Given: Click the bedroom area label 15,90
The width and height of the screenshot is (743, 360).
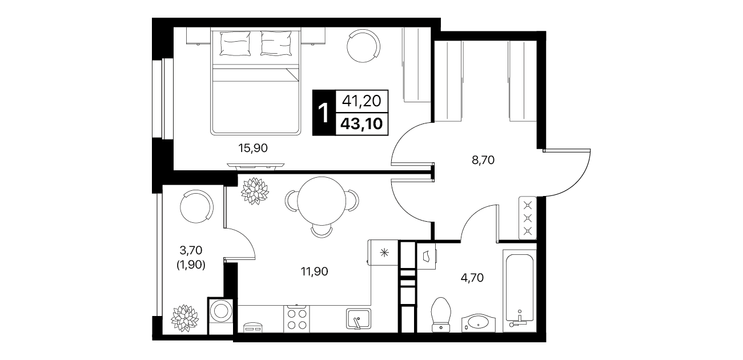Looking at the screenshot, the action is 253,148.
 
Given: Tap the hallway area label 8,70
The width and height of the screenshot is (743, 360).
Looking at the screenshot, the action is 483,160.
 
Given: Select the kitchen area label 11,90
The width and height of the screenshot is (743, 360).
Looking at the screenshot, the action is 314,271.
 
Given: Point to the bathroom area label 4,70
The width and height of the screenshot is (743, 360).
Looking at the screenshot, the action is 472,277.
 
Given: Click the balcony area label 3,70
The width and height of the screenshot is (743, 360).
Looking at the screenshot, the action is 191,250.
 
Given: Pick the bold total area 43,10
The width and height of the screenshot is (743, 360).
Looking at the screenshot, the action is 362,124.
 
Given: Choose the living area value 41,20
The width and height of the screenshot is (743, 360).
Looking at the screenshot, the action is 362,101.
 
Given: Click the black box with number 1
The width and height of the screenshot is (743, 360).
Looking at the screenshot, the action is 324,113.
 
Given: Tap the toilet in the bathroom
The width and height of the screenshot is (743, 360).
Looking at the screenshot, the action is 441,314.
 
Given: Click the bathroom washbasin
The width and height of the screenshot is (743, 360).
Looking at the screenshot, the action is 479,322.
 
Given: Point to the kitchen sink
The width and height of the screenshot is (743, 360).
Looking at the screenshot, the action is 359,318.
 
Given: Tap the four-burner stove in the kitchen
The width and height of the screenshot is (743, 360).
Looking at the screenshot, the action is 296,319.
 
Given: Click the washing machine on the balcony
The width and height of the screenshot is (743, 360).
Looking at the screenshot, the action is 220,315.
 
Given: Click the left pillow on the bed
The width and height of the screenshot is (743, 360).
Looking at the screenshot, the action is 235,43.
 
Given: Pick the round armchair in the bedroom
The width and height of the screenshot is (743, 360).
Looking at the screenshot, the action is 364,46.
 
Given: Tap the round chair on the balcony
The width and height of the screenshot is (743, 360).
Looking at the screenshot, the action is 196,206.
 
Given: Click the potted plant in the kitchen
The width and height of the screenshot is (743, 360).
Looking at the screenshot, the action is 255,191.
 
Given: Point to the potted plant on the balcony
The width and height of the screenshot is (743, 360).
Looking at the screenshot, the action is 185,318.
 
